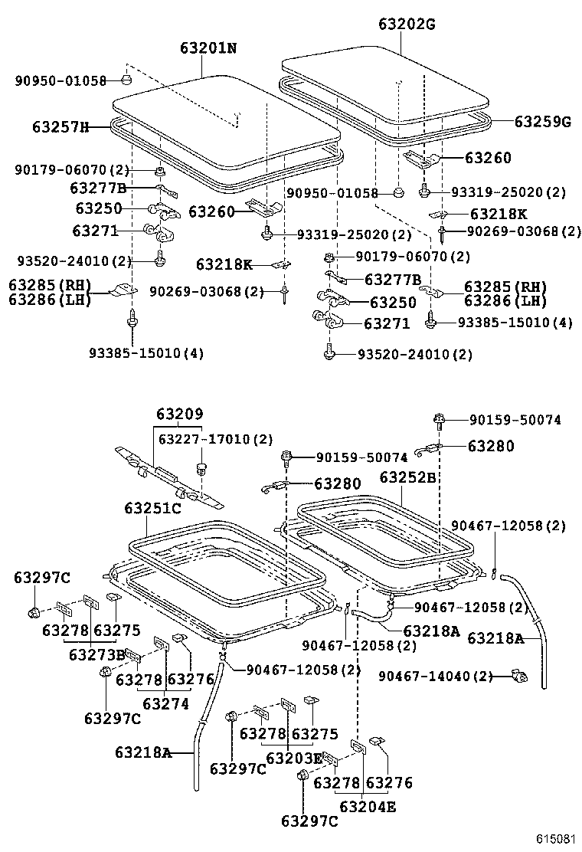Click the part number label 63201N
pyautogui.click(x=208, y=48)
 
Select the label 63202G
pyautogui.click(x=406, y=24)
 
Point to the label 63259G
pyautogui.click(x=542, y=121)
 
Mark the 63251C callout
pyautogui.click(x=152, y=509)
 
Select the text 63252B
pyautogui.click(x=407, y=477)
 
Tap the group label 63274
pyautogui.click(x=164, y=703)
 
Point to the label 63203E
pyautogui.click(x=294, y=758)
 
